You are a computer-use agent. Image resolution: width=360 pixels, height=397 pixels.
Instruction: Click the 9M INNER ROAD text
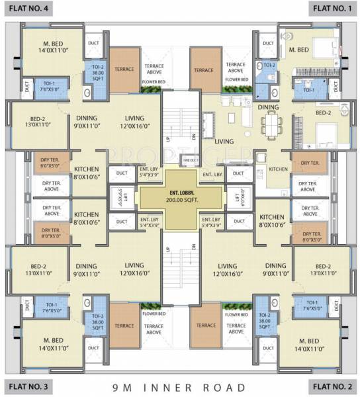[180, 387]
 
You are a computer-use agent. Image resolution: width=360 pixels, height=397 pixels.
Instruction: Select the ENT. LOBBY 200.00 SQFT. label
[180, 195]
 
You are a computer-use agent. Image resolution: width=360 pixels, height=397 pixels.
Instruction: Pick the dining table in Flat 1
[272, 124]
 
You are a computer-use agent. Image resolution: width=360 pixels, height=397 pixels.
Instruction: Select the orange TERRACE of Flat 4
[124, 69]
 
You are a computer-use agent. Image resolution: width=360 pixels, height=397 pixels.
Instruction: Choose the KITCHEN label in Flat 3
[87, 218]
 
